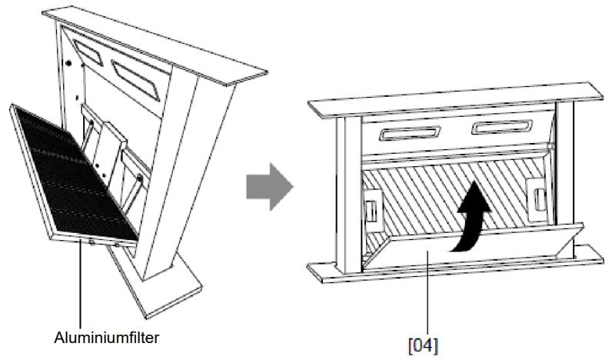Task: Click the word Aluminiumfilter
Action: point(107,338)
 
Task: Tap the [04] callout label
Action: point(423,345)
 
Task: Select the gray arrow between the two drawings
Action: point(270,187)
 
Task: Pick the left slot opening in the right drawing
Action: point(410,133)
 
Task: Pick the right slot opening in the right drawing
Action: point(502,126)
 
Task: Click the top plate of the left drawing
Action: point(155,45)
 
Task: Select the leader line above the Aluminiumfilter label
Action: point(81,285)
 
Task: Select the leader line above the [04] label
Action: point(427,294)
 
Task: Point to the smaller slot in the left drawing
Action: point(88,53)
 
